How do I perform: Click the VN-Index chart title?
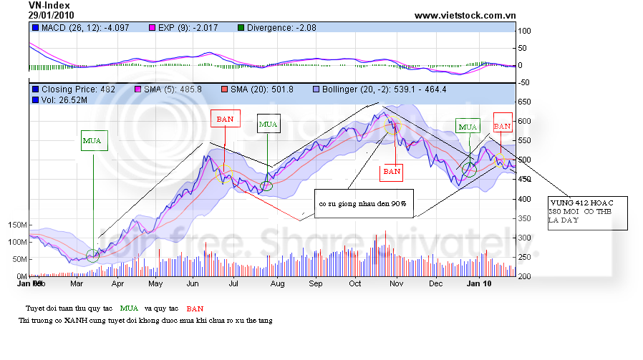pyautogui.click(x=49, y=5)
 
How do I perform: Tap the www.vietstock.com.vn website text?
pyautogui.click(x=465, y=15)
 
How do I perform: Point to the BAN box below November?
pyautogui.click(x=392, y=172)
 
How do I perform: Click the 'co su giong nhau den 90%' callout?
pyautogui.click(x=362, y=204)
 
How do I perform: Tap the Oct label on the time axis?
pyautogui.click(x=355, y=283)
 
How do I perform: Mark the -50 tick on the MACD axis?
pyautogui.click(x=525, y=83)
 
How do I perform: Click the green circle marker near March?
pyautogui.click(x=92, y=256)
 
